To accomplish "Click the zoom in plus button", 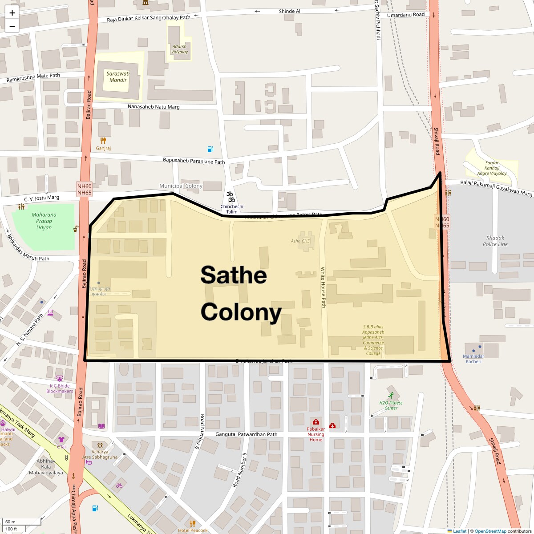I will pos(12,13).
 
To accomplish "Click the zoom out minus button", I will pos(12,26).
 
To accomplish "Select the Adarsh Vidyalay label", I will pos(179,49).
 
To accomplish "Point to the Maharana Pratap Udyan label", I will pos(44,221).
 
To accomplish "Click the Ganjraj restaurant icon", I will pos(103,141).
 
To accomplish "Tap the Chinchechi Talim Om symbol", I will pos(231,196).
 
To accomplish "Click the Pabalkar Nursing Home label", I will pos(316,434).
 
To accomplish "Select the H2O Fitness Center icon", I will pos(391,395).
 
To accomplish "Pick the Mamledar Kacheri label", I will pos(473,359).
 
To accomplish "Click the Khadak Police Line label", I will pos(495,241).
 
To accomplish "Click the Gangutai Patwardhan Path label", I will pos(246,434).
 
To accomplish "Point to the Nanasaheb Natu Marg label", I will pos(154,107).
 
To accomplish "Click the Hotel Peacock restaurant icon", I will pos(192,523).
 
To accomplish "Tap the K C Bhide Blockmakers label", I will pos(60,388).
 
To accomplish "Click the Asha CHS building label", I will pos(300,241).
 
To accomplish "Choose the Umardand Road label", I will pos(406,15).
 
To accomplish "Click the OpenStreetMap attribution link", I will pos(490,531).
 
